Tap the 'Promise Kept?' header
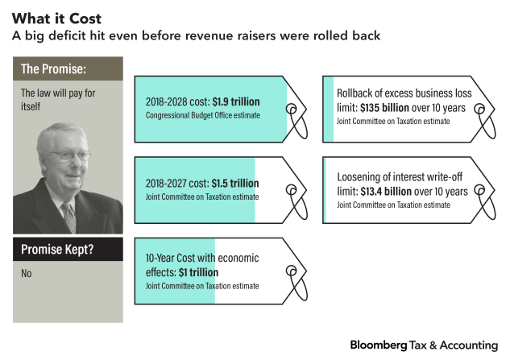(56, 250)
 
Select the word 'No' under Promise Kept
(27, 274)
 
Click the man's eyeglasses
(71, 155)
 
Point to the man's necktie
(69, 216)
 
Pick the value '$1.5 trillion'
(234, 183)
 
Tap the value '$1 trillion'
(198, 272)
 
